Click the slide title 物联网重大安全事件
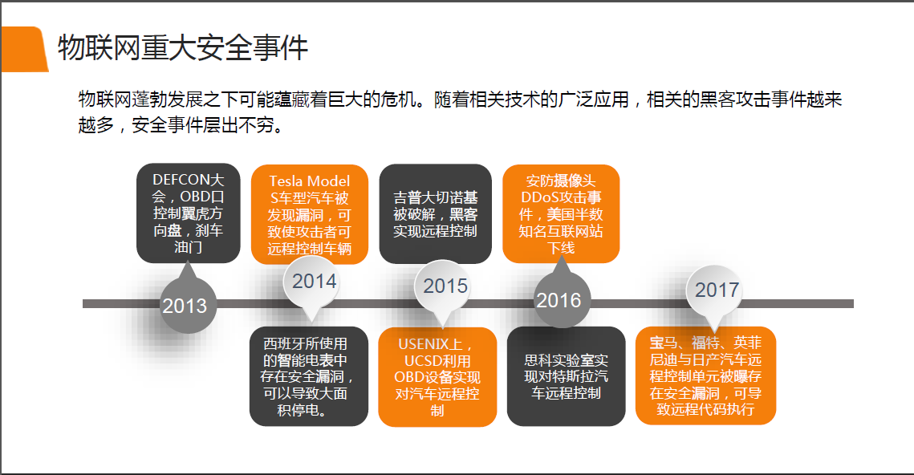(x=182, y=48)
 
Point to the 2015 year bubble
(x=443, y=286)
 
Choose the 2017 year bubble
(x=714, y=290)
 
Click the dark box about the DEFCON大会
(x=189, y=213)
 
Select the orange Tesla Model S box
(x=310, y=214)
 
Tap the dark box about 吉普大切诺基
(x=436, y=214)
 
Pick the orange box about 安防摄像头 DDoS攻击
(x=561, y=214)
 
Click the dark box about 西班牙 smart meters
(x=308, y=376)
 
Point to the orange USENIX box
(x=437, y=377)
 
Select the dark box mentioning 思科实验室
(x=566, y=376)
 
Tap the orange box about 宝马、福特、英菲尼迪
(x=705, y=376)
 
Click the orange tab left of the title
(x=24, y=49)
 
